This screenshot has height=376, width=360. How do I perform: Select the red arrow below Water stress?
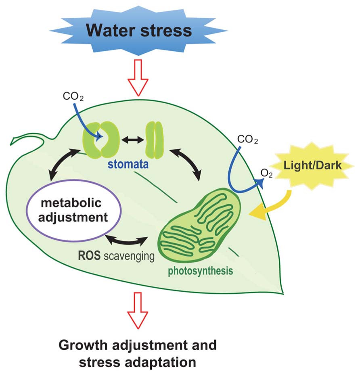click(x=138, y=77)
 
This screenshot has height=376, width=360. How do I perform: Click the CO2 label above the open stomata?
click(x=73, y=97)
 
